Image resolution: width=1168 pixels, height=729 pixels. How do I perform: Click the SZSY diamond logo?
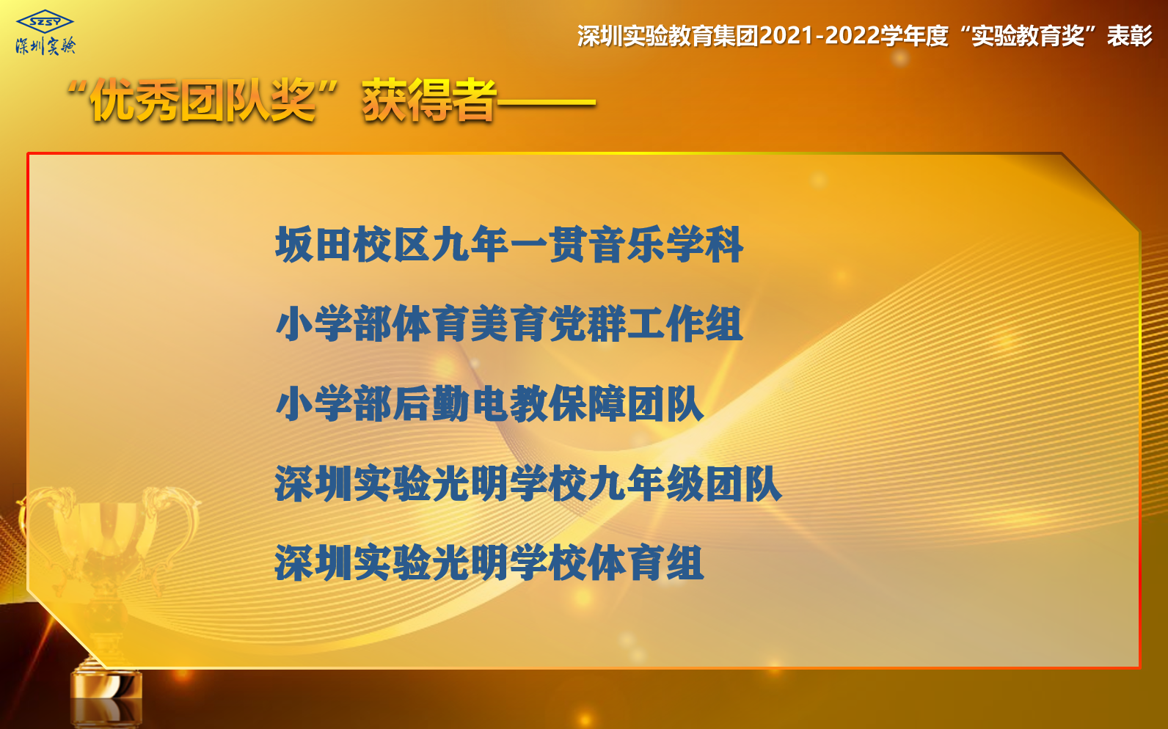45,22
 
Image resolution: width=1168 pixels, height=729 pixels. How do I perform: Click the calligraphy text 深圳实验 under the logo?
45,46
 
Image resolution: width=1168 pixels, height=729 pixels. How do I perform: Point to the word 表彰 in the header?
1129,36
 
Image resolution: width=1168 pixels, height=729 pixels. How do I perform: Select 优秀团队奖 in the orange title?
202,100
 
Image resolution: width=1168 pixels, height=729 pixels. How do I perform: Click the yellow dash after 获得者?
546,103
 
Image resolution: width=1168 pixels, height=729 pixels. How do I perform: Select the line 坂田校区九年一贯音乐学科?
509,244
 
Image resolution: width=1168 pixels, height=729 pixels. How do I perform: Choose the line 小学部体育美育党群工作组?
509,323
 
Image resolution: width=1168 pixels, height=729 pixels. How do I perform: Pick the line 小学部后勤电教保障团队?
489,403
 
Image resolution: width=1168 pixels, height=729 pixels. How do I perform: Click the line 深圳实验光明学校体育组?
489,563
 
